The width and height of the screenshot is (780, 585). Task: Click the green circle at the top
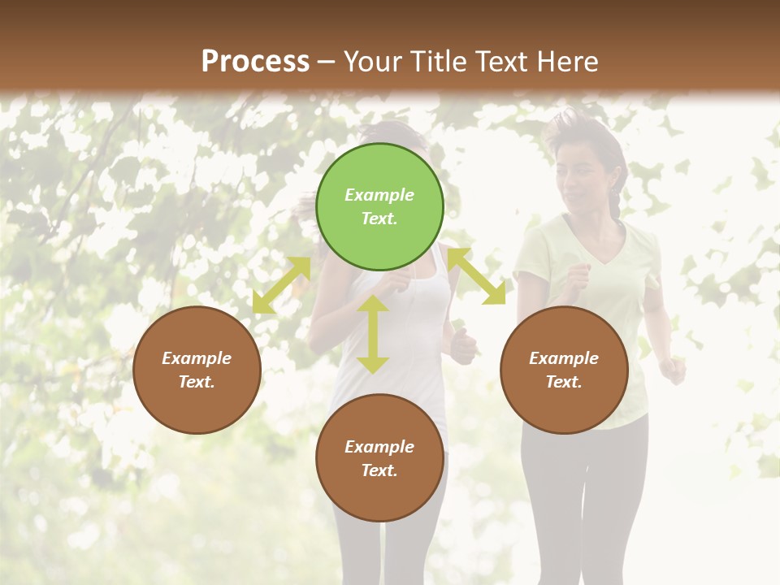click(x=379, y=206)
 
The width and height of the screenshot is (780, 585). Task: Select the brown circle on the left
click(x=197, y=370)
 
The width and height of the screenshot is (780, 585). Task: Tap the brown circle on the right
click(x=564, y=370)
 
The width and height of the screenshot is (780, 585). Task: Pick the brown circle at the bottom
click(x=379, y=458)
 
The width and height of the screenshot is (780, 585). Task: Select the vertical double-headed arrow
click(x=373, y=334)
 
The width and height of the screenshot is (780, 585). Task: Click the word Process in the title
click(x=255, y=62)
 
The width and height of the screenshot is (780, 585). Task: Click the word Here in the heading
click(x=567, y=62)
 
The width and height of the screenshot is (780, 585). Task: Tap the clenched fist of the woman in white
click(x=464, y=347)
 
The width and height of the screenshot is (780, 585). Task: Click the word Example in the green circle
click(x=379, y=195)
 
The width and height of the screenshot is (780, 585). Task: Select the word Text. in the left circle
click(x=197, y=382)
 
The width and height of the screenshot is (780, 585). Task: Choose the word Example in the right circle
click(x=564, y=358)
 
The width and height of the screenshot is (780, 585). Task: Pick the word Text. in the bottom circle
click(x=379, y=470)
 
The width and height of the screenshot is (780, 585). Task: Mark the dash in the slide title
click(x=327, y=62)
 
